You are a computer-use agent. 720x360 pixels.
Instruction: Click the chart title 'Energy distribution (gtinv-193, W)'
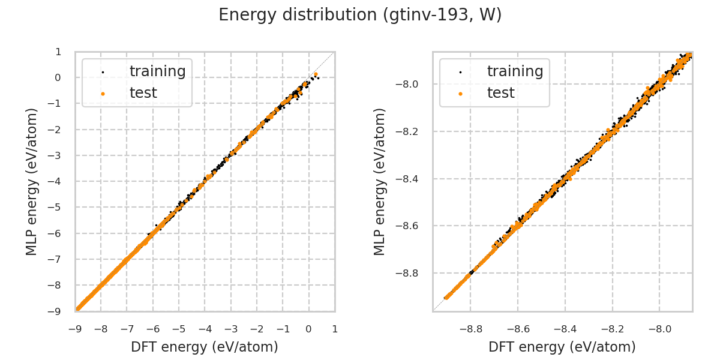click(x=360, y=15)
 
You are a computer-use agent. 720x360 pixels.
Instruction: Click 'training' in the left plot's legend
click(x=157, y=71)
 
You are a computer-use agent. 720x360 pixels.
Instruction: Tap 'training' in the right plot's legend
click(x=515, y=71)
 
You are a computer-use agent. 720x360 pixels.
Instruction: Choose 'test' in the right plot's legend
click(x=500, y=93)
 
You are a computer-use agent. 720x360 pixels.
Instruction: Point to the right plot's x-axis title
click(x=562, y=347)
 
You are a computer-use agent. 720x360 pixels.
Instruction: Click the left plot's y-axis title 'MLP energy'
click(x=32, y=181)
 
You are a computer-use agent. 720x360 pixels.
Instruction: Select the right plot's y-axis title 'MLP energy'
click(x=380, y=181)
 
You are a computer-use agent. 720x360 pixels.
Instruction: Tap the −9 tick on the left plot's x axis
click(x=75, y=329)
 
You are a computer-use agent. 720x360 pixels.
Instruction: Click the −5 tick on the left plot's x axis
click(x=179, y=329)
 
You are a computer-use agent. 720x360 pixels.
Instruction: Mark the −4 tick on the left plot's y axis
click(x=56, y=181)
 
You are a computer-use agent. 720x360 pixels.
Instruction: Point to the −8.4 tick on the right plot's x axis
click(x=565, y=329)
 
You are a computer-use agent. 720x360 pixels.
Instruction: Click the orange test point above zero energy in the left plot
click(x=316, y=74)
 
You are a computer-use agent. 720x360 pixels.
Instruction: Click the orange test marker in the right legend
click(x=460, y=94)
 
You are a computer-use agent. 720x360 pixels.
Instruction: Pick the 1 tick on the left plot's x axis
click(x=334, y=329)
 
